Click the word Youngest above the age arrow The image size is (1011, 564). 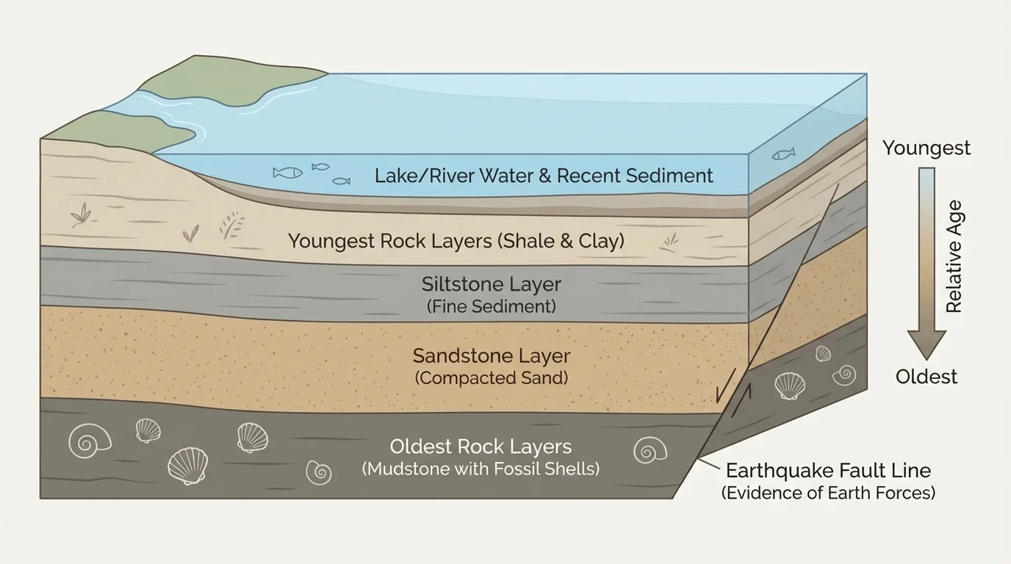(926, 148)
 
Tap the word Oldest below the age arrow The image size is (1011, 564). (926, 377)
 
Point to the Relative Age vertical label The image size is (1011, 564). (954, 256)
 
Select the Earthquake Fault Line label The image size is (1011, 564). (828, 471)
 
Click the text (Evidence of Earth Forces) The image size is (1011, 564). (828, 493)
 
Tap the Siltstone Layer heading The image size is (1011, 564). (491, 284)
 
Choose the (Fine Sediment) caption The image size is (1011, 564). (491, 306)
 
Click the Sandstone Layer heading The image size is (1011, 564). (491, 356)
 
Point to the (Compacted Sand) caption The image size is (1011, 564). (491, 378)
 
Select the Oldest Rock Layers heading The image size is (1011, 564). (481, 446)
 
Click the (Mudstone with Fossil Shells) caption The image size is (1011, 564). (481, 469)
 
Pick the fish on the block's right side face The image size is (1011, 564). (783, 154)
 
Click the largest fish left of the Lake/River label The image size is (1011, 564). (287, 173)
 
